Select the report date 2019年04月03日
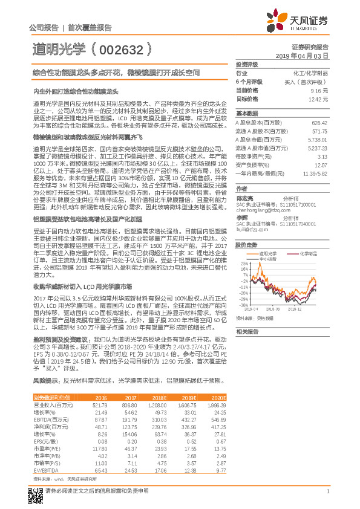(306, 55)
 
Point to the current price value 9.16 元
(320, 89)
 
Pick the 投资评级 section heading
(247, 63)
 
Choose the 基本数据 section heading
(247, 114)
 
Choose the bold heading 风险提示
(46, 380)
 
